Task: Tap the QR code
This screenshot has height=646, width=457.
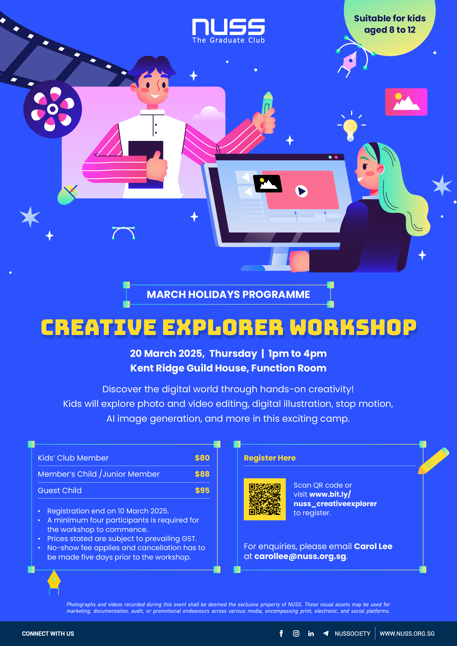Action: tap(264, 499)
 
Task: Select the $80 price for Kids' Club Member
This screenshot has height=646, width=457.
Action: tap(202, 458)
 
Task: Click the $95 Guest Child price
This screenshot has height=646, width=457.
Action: tap(202, 490)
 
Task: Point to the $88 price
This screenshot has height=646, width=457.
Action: tap(202, 474)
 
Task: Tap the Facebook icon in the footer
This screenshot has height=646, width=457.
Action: tap(281, 633)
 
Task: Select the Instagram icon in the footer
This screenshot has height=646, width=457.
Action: tap(296, 633)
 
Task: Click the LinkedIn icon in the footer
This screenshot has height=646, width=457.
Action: tap(311, 633)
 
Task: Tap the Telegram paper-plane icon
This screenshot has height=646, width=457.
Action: tap(326, 633)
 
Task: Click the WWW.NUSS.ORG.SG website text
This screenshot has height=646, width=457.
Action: tap(407, 633)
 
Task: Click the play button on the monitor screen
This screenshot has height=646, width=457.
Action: tap(301, 191)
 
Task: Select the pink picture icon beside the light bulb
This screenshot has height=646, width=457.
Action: tap(406, 102)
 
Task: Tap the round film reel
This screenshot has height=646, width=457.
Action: tap(53, 109)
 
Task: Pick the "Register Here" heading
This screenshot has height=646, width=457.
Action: tap(270, 458)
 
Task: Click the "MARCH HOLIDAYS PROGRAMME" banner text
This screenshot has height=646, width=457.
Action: tap(228, 295)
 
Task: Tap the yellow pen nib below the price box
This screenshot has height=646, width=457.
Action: tap(54, 580)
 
